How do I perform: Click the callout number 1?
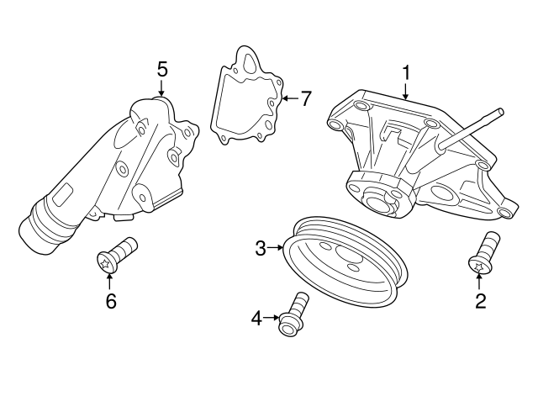(406, 73)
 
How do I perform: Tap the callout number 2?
(480, 300)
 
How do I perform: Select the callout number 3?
(261, 247)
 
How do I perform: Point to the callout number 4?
(256, 317)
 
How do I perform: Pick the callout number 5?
(162, 68)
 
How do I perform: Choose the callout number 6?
(110, 300)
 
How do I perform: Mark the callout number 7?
(305, 98)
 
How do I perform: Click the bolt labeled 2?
(483, 253)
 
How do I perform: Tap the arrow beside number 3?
(276, 247)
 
